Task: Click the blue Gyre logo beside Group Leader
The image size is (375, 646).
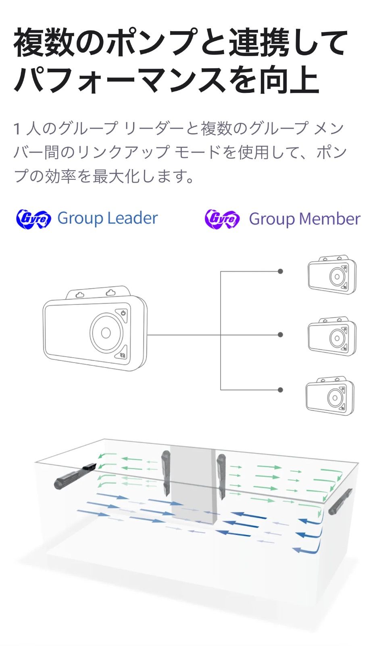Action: tap(33, 219)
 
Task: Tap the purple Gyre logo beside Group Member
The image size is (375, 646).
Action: tap(222, 219)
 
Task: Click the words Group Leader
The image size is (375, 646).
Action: tap(107, 218)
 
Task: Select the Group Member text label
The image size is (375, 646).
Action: tap(304, 219)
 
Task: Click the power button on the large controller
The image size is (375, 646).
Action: tap(123, 313)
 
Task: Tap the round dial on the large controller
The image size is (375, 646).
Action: tap(106, 332)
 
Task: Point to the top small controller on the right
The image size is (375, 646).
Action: tap(332, 275)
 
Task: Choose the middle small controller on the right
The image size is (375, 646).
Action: tap(332, 336)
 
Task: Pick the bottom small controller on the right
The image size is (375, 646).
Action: tap(330, 396)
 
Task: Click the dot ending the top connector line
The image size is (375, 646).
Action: tap(280, 271)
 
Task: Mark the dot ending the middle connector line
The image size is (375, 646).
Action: tap(280, 335)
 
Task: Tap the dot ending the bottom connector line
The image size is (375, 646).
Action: tap(280, 390)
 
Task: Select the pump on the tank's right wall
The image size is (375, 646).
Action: tap(340, 502)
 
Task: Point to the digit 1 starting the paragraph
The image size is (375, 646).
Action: tap(17, 129)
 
